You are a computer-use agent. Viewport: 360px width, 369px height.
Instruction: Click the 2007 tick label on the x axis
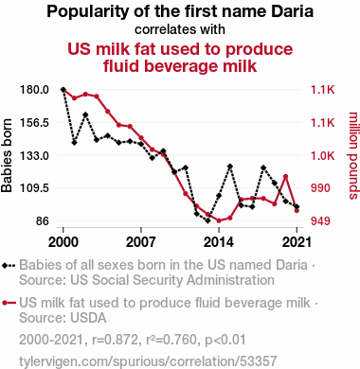pos(141,242)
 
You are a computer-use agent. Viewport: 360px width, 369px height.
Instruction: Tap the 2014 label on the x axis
pos(219,242)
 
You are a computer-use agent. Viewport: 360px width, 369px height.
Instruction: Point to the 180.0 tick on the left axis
pos(35,90)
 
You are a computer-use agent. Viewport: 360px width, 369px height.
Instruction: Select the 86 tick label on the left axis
pos(41,220)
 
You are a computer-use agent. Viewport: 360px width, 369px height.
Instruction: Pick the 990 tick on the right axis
pos(320,188)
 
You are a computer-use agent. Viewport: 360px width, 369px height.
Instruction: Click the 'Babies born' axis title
pos(7,155)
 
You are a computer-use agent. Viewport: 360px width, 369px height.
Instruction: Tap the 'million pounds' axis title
pos(353,155)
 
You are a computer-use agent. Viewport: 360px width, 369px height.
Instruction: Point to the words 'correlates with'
pos(180,29)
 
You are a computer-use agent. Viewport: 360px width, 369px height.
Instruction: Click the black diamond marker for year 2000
pos(63,90)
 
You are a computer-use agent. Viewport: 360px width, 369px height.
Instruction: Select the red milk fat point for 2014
pos(219,220)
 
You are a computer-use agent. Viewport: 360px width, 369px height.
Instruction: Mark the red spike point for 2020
pos(285,176)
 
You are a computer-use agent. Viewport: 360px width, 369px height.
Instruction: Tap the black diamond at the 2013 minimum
pos(207,220)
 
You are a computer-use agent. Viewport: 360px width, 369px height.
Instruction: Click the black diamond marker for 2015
pos(230,167)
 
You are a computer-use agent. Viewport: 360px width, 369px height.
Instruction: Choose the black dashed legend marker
pos(9,265)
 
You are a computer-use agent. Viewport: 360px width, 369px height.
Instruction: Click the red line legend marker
pos(9,303)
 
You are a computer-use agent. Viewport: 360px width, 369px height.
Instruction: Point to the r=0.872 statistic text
pos(115,340)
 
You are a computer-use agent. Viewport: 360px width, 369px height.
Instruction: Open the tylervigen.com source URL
pos(148,361)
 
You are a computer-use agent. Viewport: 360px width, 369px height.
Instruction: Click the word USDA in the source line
pos(88,318)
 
